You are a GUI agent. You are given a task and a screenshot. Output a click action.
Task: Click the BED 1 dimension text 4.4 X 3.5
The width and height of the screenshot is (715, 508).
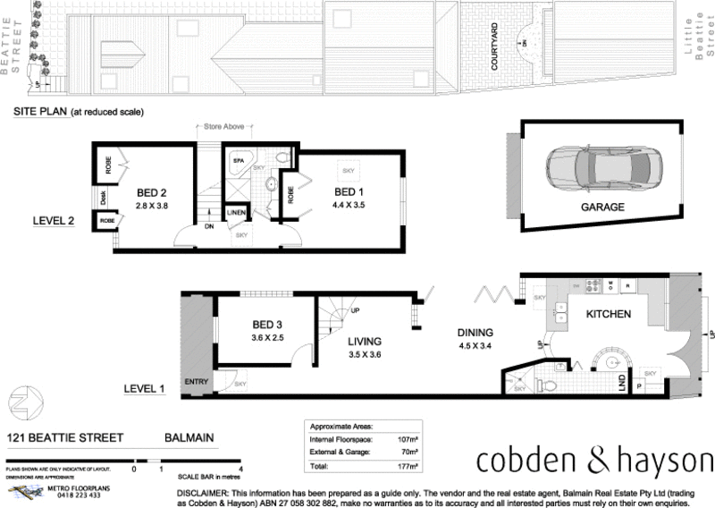coord(350,205)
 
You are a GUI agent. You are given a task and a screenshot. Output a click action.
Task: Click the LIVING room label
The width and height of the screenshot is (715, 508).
coord(366,342)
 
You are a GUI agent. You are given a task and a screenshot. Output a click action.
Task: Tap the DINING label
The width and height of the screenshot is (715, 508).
coord(475,332)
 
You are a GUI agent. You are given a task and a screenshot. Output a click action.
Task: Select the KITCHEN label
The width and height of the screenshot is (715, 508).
coord(609,314)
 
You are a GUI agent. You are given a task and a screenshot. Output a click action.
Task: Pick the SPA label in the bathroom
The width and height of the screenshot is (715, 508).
coord(239,161)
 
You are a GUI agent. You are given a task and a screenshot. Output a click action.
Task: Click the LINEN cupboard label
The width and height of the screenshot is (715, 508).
coord(237,212)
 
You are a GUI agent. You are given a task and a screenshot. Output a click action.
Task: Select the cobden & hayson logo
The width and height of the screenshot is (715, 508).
coord(594,461)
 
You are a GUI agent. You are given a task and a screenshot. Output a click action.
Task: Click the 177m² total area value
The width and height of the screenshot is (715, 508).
coord(410,466)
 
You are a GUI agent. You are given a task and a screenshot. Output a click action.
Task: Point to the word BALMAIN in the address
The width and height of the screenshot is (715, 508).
coord(190,438)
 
